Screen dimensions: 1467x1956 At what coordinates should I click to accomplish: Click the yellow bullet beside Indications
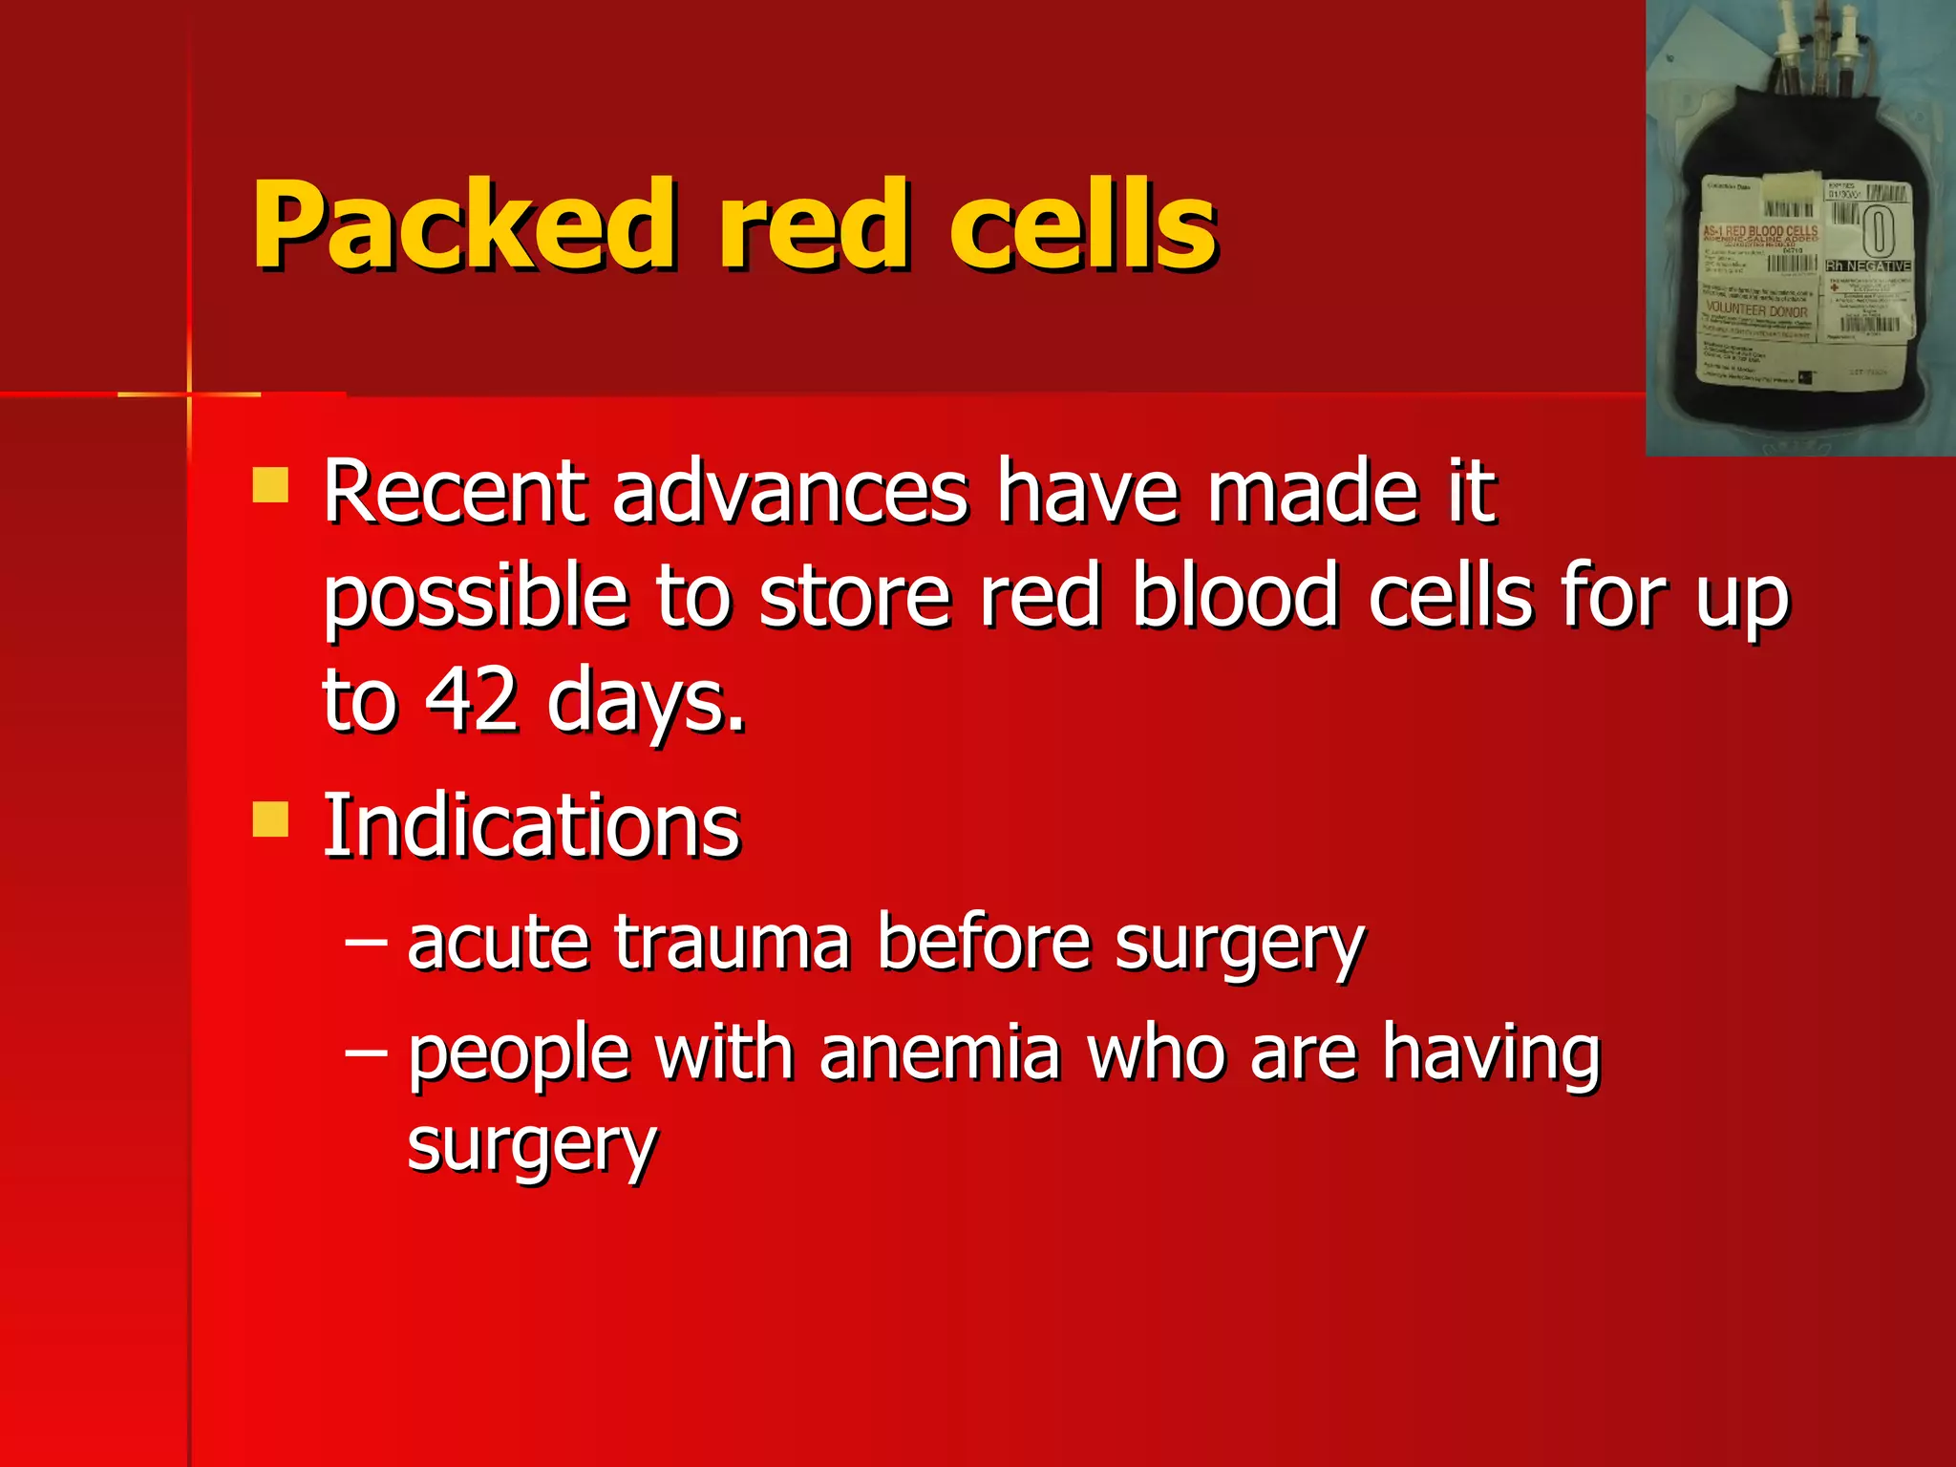coord(270,819)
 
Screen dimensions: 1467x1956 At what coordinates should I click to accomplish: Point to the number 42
coord(472,699)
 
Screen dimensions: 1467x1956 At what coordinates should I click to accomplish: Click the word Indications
coord(531,825)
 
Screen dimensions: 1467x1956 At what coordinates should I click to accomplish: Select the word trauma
coord(732,943)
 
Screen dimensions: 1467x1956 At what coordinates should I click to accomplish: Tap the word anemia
coord(940,1052)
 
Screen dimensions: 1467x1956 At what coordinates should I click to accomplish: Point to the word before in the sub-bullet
coord(984,943)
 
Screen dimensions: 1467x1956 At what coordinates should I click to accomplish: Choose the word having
coord(1491,1054)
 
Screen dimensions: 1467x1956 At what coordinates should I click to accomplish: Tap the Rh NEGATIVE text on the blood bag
coord(1869,266)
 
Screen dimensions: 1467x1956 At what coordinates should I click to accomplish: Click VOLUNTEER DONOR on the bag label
coord(1756,310)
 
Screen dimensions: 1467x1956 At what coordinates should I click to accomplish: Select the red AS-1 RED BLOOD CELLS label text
coord(1760,232)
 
